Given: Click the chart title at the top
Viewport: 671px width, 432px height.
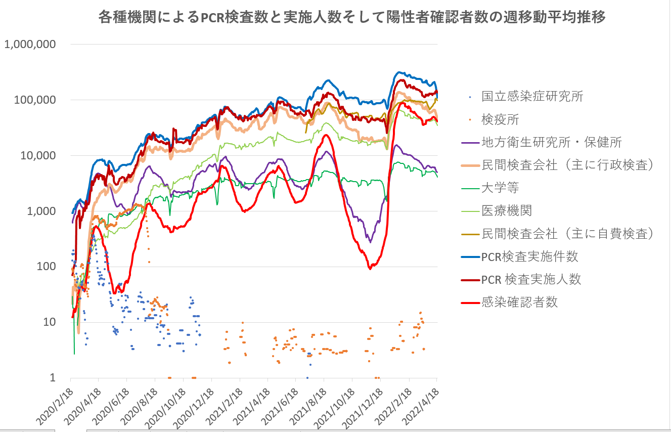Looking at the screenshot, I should click(352, 17).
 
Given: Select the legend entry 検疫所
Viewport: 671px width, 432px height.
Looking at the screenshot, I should click(500, 119).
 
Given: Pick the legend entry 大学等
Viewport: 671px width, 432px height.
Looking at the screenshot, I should click(500, 188).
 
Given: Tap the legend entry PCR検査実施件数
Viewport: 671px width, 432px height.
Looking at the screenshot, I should click(529, 256).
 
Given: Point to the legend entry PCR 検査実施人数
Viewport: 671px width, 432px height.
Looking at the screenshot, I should click(531, 279).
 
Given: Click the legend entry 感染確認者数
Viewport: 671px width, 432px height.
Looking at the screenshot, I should click(519, 302).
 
